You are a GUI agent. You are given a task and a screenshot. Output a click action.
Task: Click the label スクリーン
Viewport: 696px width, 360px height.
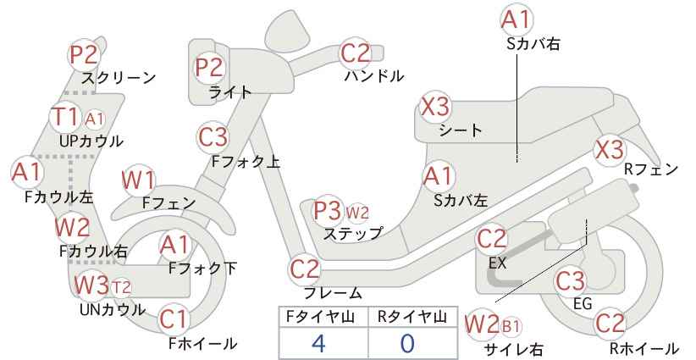coord(119,78)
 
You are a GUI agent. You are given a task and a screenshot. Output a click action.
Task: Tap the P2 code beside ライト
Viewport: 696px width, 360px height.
coord(209,67)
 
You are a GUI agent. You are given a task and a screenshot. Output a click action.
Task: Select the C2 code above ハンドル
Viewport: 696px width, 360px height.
coord(355,53)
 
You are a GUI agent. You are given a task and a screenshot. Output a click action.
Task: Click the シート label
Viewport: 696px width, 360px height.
coord(461,130)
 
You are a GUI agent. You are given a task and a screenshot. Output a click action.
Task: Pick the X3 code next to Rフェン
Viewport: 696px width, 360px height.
coord(610,150)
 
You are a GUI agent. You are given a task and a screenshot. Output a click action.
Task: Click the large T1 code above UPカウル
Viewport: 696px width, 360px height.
coord(65,117)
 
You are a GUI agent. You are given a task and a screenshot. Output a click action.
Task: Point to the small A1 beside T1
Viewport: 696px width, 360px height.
coord(94,119)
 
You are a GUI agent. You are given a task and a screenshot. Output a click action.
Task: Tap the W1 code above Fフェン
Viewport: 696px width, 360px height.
coord(138,180)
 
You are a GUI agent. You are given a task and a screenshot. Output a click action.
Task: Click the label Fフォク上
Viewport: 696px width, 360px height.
coord(246,162)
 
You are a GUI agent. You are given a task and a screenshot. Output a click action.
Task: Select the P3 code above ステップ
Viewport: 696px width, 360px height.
coord(327,210)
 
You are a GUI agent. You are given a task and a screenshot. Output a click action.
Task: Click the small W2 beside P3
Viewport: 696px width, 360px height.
coord(357,213)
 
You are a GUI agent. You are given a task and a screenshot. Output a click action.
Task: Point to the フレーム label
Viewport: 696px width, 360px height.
coord(333,293)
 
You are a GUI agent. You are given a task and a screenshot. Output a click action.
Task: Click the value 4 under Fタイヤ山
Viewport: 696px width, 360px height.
coord(318,344)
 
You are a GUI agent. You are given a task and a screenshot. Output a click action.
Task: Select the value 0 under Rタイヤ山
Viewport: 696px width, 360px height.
coord(407,344)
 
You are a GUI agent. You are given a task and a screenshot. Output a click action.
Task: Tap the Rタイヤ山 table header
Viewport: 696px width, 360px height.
coord(412,318)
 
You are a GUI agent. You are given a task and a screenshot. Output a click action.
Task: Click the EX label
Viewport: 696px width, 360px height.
coord(497,263)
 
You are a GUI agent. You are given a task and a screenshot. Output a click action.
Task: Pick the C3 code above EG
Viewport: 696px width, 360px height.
coord(571,280)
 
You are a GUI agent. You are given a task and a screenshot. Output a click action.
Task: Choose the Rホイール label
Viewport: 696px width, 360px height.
coord(644,349)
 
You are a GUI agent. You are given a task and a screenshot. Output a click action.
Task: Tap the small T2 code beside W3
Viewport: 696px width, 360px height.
coord(121,288)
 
